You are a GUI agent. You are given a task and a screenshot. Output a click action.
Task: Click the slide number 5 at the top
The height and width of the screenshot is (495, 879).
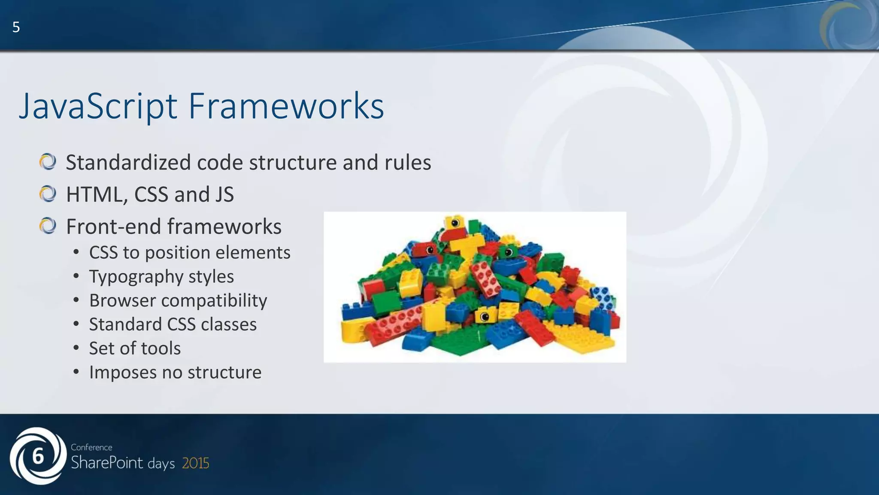tap(16, 27)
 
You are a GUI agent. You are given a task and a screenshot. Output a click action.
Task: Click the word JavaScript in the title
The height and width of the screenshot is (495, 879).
tap(98, 106)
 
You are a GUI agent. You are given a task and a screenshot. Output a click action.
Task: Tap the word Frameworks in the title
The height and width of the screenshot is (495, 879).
tap(286, 106)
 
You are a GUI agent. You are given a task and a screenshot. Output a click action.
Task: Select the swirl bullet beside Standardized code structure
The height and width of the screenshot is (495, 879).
tap(48, 162)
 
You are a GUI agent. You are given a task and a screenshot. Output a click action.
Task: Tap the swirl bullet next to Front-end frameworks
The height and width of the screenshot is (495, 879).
tap(48, 226)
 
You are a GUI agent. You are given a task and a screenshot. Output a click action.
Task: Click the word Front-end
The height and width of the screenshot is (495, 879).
tap(113, 226)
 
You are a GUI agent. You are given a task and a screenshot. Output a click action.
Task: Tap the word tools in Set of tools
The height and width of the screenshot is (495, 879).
tap(161, 348)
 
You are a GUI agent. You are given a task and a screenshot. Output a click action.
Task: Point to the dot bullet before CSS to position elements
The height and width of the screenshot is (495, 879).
tap(76, 252)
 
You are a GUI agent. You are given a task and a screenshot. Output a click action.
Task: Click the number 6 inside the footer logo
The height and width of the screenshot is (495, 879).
tap(38, 456)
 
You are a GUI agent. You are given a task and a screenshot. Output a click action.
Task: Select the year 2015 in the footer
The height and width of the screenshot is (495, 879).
tap(195, 463)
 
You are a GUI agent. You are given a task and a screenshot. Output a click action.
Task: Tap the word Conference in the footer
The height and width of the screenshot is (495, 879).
tap(91, 447)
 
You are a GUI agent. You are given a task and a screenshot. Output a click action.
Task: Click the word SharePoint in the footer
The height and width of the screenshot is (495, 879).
tap(107, 463)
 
